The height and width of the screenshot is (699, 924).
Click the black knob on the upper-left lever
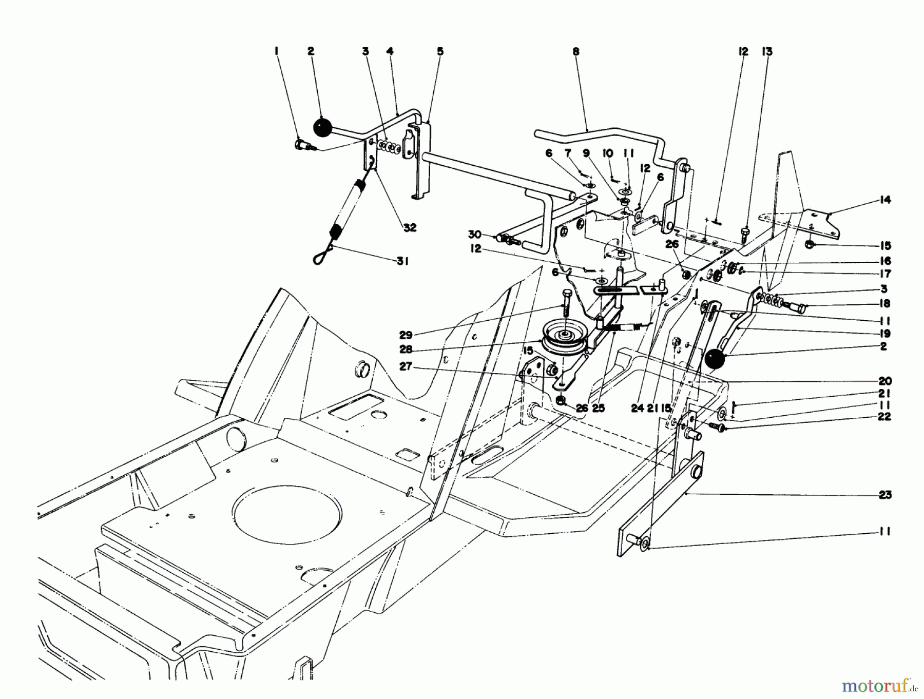[321, 128]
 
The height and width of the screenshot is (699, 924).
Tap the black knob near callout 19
[715, 359]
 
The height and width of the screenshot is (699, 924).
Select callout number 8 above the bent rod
[576, 51]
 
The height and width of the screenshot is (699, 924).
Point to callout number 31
[402, 262]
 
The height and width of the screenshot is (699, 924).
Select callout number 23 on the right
[884, 495]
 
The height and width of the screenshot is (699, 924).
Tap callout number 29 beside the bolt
[406, 335]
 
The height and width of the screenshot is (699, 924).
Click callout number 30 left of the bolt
[474, 235]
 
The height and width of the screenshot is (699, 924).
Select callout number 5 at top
[440, 51]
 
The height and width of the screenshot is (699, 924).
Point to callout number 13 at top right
[767, 51]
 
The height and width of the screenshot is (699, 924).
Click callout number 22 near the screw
[884, 417]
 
